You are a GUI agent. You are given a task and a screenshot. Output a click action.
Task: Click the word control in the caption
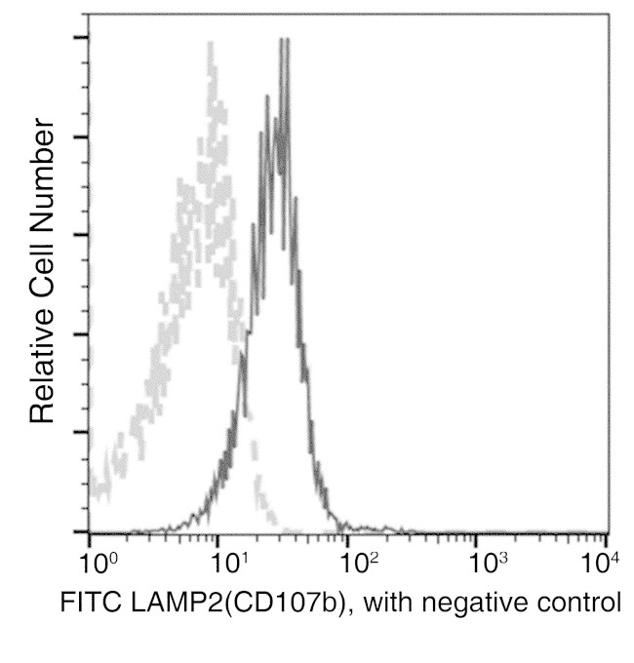coord(575,604)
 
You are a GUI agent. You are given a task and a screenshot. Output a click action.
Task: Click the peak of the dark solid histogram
coord(283,41)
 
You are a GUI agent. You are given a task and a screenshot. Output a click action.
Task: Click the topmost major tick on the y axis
coord(80,38)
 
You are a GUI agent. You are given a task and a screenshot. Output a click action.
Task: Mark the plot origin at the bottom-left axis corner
coord(89,533)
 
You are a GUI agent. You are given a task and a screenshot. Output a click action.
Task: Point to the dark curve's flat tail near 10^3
coord(478,531)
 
